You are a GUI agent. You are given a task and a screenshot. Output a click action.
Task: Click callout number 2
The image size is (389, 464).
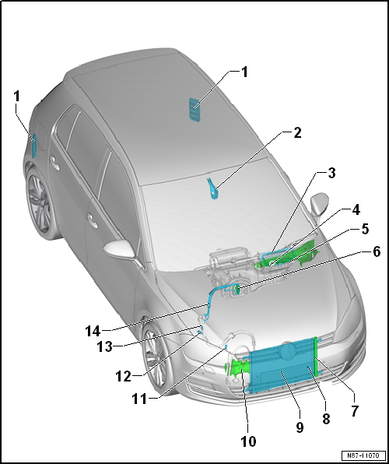(297, 133)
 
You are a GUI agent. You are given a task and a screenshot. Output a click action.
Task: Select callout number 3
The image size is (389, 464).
(331, 173)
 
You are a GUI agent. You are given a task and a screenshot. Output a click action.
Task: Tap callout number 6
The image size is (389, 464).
(376, 252)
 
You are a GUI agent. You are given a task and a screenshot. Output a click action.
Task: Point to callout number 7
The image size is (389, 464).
(354, 411)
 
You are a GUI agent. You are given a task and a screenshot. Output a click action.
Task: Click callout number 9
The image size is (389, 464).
(300, 427)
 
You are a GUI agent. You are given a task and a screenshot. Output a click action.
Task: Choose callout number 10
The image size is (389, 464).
(248, 441)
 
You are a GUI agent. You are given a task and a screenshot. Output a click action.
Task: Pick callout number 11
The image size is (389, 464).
(139, 399)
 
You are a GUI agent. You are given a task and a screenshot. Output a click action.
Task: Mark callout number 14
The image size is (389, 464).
(93, 331)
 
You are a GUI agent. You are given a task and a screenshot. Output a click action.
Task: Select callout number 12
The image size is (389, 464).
(123, 377)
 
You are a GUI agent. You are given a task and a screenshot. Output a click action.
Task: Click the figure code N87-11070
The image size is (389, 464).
(363, 455)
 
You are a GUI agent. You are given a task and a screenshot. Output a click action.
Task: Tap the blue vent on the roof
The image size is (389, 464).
(194, 110)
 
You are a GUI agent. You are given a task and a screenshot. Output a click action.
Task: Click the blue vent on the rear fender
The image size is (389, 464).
(34, 146)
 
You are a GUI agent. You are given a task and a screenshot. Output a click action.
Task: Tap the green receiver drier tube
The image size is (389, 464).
(316, 357)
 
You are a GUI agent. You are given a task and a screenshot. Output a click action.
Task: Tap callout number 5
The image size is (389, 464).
(366, 230)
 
